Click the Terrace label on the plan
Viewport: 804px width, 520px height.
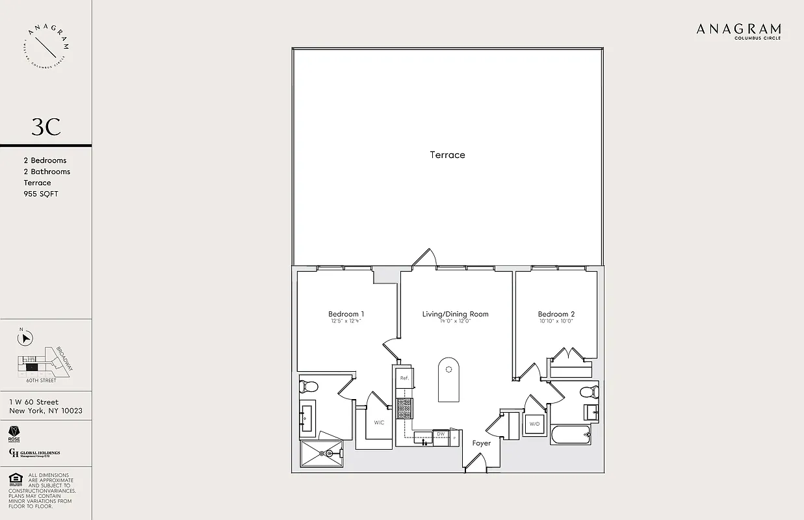click(447, 155)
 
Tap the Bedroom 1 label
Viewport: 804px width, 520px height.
click(346, 314)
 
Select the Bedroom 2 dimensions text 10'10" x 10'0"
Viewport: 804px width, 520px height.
click(556, 321)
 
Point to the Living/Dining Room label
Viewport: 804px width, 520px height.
click(455, 314)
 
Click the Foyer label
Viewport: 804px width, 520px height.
click(482, 443)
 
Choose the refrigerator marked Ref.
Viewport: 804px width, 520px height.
click(404, 378)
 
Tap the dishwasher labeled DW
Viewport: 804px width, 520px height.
click(441, 434)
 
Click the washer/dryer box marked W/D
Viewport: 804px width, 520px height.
click(535, 424)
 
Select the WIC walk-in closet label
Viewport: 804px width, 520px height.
click(379, 422)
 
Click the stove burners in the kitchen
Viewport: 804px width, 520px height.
click(404, 408)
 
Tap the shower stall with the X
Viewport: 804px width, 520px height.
click(320, 453)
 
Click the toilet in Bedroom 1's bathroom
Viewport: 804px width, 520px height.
click(308, 387)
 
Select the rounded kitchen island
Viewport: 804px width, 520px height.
click(448, 380)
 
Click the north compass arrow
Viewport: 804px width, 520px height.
click(27, 338)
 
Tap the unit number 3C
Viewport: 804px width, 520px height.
click(46, 127)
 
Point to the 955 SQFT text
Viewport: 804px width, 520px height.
click(40, 194)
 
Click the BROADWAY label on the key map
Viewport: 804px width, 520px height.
click(65, 358)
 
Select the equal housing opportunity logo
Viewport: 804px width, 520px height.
click(15, 480)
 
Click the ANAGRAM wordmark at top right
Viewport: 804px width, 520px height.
click(738, 29)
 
